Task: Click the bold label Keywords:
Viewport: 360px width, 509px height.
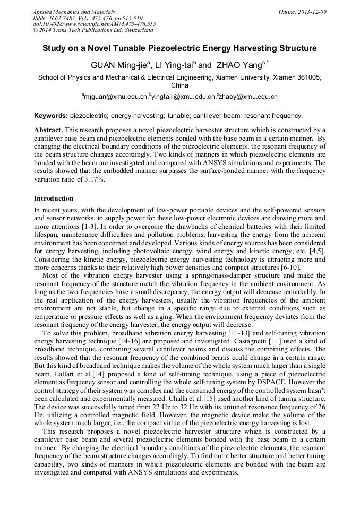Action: coord(51,115)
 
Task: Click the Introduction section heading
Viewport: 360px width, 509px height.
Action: coord(54,199)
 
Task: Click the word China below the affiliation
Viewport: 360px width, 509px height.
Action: coord(179,85)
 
